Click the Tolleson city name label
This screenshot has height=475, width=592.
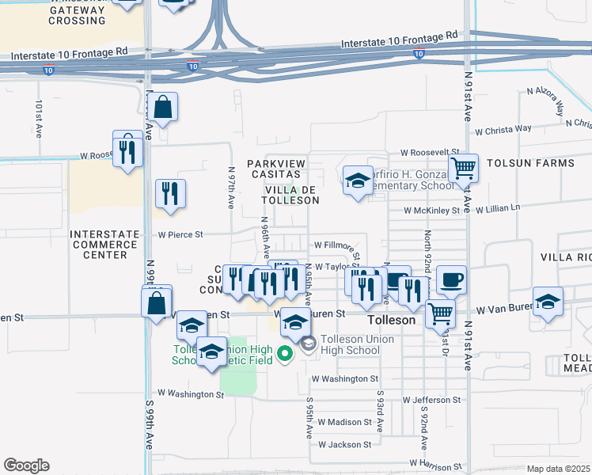click(392, 321)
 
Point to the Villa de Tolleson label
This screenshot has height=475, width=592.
click(291, 195)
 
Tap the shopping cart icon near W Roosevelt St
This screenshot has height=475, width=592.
click(463, 168)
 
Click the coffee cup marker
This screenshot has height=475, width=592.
click(451, 279)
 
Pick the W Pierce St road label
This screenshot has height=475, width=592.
click(180, 234)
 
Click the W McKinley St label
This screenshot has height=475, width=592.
click(431, 211)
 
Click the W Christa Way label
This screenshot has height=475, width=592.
click(503, 128)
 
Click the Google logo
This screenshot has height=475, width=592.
click(26, 465)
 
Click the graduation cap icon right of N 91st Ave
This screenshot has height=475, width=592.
click(548, 301)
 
